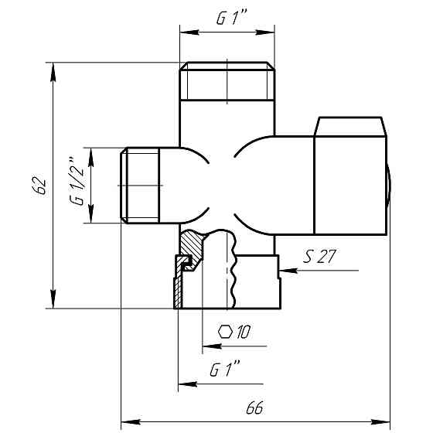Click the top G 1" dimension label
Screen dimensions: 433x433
click(x=231, y=18)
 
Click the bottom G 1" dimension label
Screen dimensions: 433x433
click(x=225, y=369)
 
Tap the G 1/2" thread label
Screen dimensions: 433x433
click(x=77, y=182)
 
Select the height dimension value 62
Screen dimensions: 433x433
click(x=39, y=185)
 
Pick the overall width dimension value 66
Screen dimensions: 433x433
click(x=254, y=407)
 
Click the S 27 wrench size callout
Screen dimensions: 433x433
click(x=319, y=256)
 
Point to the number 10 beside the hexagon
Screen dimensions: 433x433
click(x=244, y=332)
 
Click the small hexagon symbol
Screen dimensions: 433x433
click(x=225, y=332)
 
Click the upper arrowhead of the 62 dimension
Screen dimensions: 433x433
click(x=53, y=73)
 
